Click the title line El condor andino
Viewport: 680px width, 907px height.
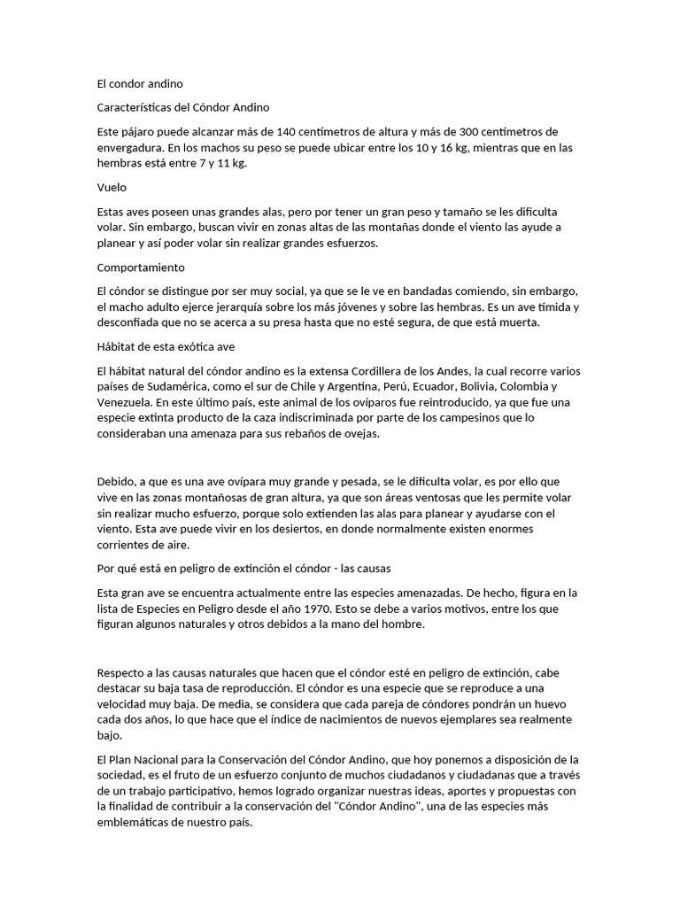(140, 84)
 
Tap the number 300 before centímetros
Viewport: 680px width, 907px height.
(454, 131)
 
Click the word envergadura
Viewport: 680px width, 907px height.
(128, 147)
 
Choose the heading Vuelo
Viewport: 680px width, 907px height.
(112, 187)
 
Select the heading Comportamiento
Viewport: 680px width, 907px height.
(141, 267)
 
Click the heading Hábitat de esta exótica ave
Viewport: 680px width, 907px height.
(165, 346)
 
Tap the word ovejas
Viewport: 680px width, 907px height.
(383, 434)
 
